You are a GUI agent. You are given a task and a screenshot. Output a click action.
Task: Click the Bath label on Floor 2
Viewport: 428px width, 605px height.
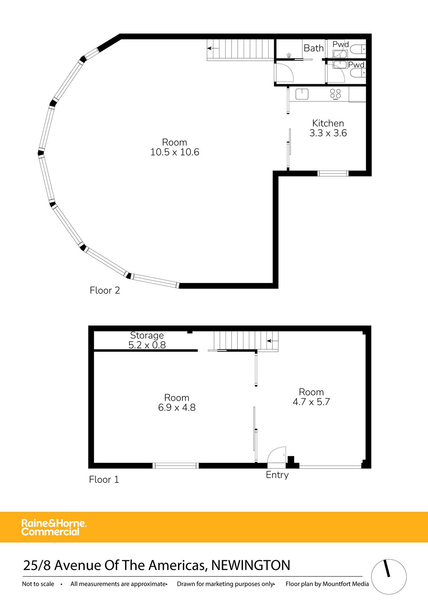click(x=313, y=48)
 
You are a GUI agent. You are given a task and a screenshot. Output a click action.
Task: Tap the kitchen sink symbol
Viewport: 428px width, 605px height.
click(x=302, y=94)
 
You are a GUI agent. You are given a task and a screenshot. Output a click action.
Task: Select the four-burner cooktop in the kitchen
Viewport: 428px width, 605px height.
click(x=335, y=94)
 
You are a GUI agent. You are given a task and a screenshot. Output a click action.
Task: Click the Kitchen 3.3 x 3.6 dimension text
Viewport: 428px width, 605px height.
click(x=328, y=133)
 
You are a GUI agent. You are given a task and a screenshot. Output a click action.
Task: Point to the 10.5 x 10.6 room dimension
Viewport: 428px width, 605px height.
click(x=175, y=152)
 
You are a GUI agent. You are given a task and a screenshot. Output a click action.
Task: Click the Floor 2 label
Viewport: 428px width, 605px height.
click(x=105, y=290)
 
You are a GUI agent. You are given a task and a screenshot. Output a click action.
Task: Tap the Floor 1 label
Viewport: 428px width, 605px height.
click(x=104, y=479)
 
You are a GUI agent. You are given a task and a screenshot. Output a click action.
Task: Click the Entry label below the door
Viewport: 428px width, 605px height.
click(x=277, y=475)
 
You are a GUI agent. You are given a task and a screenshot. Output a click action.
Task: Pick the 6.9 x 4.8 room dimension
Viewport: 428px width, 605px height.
click(x=177, y=408)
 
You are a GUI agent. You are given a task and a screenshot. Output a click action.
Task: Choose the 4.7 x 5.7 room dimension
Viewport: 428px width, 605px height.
click(x=311, y=402)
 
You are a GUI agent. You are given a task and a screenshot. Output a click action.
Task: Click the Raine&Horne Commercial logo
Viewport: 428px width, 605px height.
click(x=54, y=527)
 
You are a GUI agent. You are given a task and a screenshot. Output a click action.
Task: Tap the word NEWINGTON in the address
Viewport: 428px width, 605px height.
click(x=251, y=565)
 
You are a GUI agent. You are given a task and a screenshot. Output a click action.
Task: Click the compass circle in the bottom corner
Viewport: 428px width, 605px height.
click(x=388, y=576)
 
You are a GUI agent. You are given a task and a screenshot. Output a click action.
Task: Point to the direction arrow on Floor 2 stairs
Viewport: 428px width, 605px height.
click(x=213, y=48)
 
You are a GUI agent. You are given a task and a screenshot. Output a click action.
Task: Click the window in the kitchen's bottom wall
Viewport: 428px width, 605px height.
click(x=333, y=173)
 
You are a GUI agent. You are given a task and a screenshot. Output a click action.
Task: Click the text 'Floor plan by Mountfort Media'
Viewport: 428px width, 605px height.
click(x=327, y=584)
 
